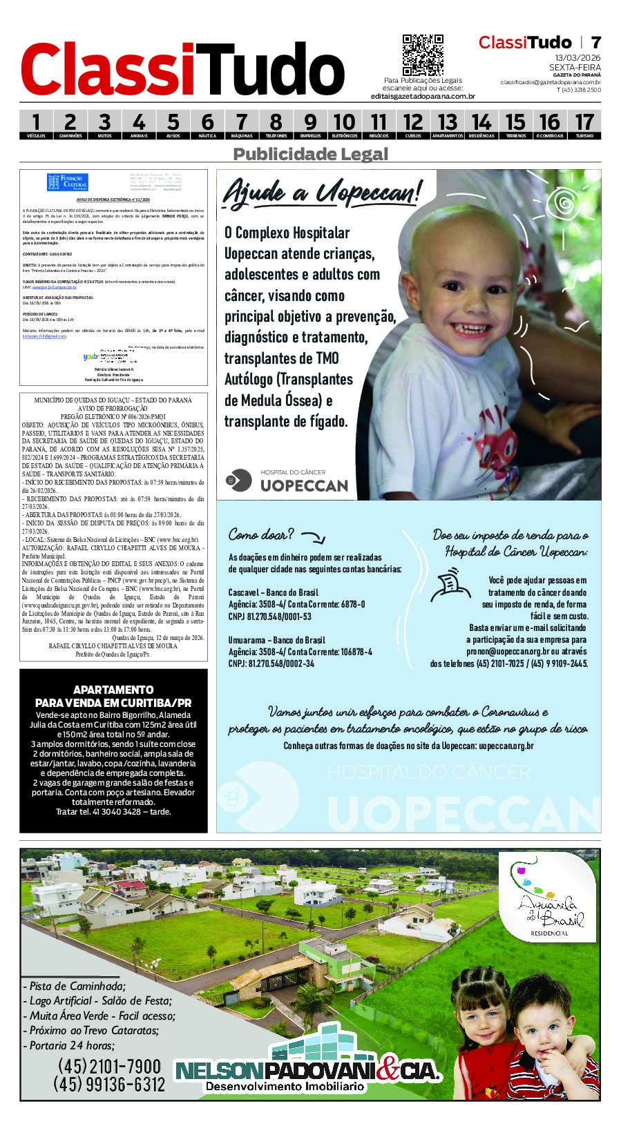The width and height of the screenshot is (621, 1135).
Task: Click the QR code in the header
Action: [x=423, y=55]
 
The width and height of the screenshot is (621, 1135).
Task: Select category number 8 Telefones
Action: [x=276, y=125]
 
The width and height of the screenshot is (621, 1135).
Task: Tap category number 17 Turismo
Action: [x=584, y=125]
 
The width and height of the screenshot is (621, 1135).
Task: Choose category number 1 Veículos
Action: [x=36, y=125]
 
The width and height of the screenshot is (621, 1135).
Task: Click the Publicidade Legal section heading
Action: [x=310, y=154]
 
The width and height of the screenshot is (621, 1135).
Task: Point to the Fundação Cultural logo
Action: [x=68, y=183]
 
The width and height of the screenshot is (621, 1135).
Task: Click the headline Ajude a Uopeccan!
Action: [x=321, y=192]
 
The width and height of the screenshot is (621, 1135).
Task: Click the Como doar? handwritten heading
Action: [x=261, y=534]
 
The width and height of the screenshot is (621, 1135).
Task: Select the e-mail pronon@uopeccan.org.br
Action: [x=507, y=651]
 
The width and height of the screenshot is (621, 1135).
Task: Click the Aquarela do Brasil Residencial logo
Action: [x=548, y=898]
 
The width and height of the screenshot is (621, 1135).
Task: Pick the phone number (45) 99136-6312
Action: [x=109, y=1085]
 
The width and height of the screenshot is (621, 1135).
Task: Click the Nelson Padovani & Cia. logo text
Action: [x=307, y=1071]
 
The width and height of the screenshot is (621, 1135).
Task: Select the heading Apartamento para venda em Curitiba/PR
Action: [x=113, y=696]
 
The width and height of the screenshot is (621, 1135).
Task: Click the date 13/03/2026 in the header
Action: [x=577, y=58]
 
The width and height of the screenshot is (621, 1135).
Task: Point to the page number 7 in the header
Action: [x=595, y=42]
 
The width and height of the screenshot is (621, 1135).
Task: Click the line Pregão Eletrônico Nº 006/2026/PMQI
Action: [x=113, y=417]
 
